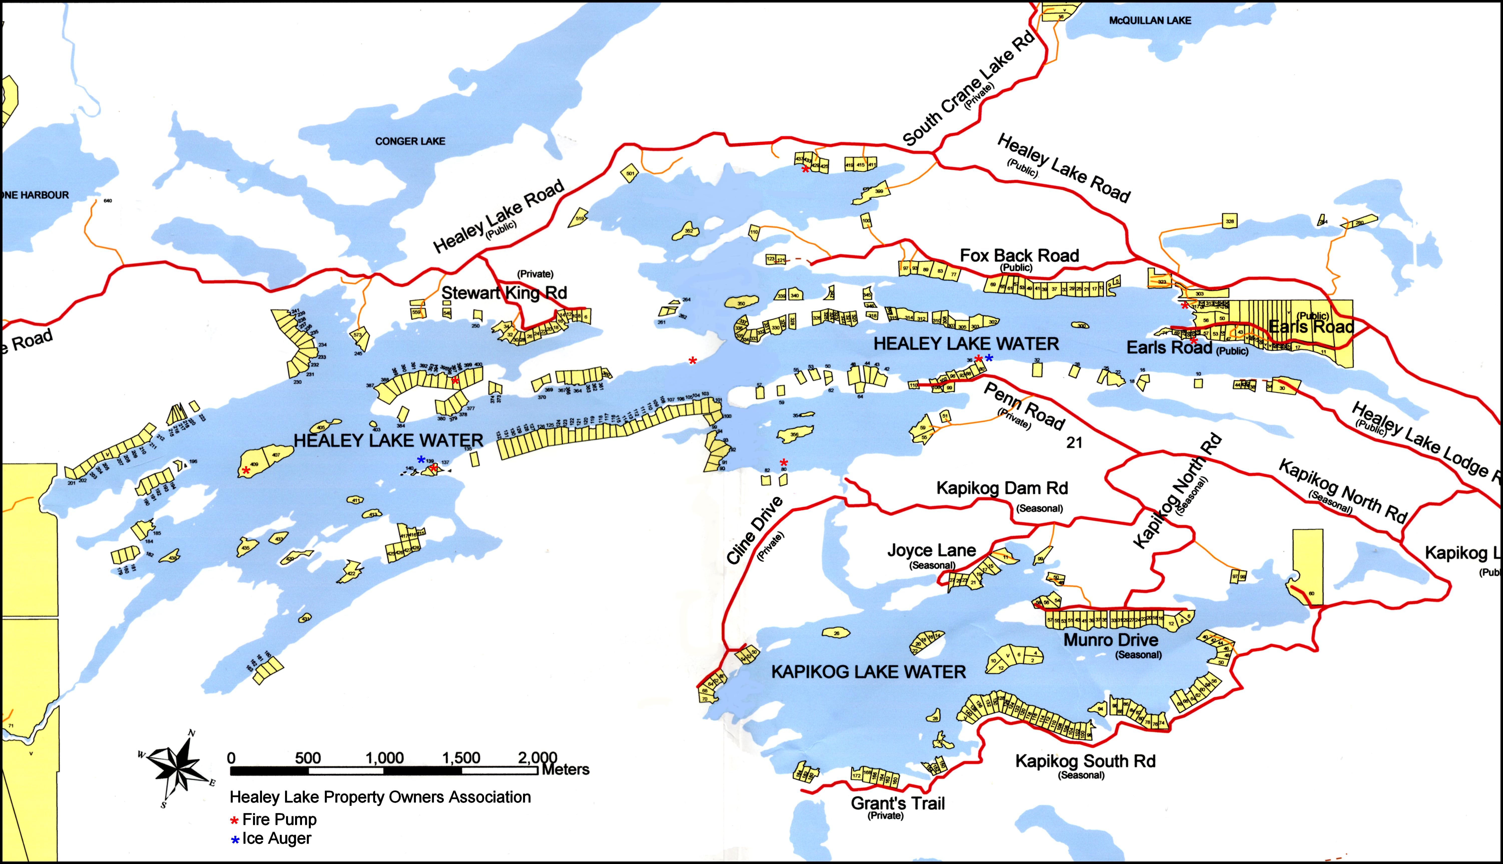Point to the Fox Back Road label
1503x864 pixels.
1019,256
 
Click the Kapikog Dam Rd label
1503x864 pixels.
1001,488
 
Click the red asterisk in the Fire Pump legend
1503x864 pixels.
234,821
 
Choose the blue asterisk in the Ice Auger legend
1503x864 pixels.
235,840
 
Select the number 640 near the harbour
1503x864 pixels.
107,201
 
